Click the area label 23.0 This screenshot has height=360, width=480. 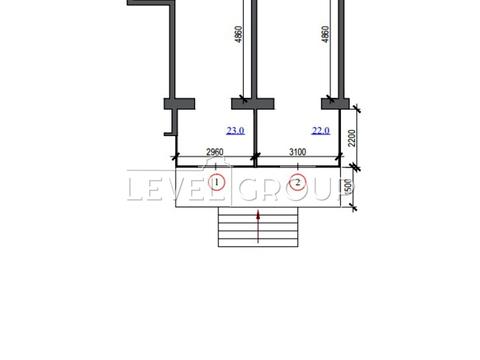coord(235,130)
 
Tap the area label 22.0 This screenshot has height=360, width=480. coord(321,130)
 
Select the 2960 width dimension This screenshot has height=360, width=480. coord(215,152)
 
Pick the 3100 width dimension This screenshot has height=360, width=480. coord(297,152)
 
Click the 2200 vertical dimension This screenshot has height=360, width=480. coord(352,138)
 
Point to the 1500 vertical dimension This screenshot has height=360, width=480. coord(348,187)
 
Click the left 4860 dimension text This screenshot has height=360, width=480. coord(238,34)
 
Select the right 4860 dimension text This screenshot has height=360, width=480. coord(325,34)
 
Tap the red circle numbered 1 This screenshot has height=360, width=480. coord(217,182)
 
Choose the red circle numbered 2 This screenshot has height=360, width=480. coord(298,182)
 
